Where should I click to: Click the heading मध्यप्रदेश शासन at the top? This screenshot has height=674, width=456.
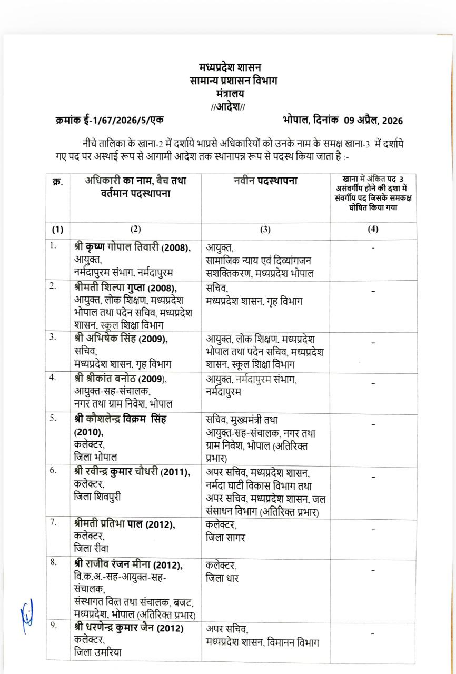[230, 67]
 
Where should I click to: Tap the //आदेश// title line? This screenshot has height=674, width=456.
[228, 106]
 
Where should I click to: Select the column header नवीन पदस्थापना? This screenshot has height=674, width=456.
[265, 181]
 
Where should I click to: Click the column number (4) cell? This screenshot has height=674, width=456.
[373, 229]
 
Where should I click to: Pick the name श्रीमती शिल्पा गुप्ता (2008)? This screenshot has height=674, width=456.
[125, 288]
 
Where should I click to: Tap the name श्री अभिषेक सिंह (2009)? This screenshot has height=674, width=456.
[122, 338]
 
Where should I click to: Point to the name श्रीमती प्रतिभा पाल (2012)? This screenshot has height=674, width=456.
[125, 524]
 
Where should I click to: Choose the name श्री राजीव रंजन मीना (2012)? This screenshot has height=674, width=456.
[128, 565]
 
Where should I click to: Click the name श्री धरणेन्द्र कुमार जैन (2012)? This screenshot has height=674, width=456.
[128, 628]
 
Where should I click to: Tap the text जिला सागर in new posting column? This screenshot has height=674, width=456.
[225, 538]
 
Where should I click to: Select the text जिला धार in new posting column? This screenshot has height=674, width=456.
[222, 578]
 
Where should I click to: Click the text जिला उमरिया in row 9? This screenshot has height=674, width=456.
[97, 652]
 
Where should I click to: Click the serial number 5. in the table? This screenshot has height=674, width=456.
[53, 419]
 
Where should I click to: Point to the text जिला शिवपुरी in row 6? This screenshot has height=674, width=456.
[98, 496]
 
